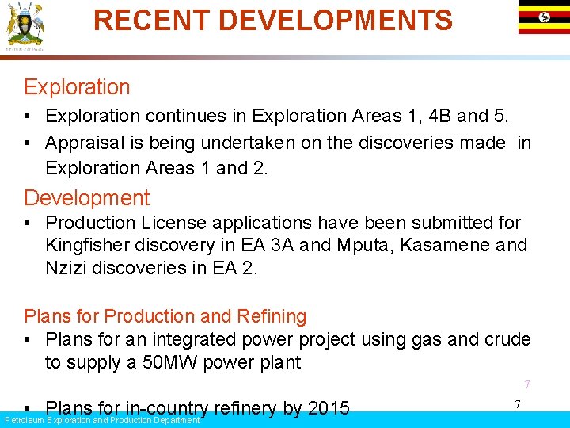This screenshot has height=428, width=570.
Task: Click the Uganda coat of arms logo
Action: click(x=25, y=25)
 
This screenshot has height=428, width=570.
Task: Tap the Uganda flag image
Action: click(x=544, y=17)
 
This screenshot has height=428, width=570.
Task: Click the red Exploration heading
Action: click(x=77, y=87)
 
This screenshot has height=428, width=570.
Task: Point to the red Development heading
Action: click(x=86, y=198)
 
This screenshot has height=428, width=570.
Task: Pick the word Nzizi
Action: click(x=66, y=268)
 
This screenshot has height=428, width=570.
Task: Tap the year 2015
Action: click(x=328, y=409)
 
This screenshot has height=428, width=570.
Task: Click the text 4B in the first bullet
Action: click(x=440, y=116)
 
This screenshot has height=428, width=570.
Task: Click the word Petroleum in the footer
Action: click(x=24, y=420)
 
